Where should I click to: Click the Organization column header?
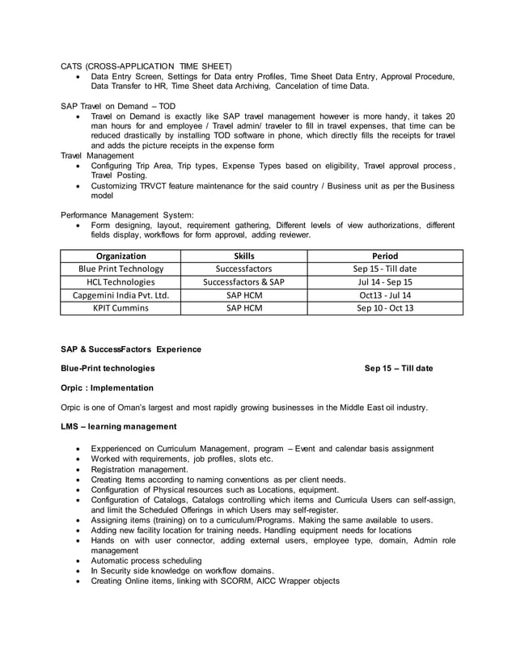tap(121, 256)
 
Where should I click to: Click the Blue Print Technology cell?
tap(121, 268)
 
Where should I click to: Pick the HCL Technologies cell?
tap(121, 282)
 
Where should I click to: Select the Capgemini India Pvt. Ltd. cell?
tap(121, 295)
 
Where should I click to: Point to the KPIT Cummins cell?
tap(121, 308)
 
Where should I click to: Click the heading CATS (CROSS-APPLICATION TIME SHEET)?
tap(146, 65)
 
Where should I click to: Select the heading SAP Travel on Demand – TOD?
tap(118, 106)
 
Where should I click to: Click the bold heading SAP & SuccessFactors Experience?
tap(131, 349)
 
